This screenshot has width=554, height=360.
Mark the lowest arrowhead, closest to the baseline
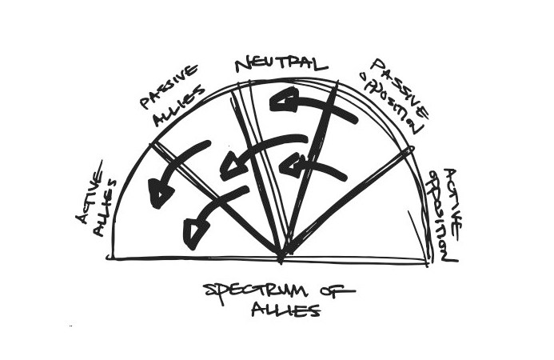(194, 233)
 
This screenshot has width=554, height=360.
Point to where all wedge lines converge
(281, 257)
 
